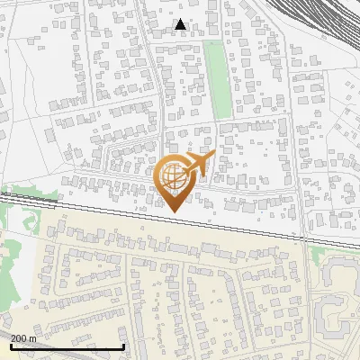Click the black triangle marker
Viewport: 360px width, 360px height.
coord(181,24)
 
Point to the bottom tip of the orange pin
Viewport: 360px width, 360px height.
coord(172,211)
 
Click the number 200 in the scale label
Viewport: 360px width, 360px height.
coord(19,338)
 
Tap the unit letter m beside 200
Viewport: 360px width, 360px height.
coord(33,338)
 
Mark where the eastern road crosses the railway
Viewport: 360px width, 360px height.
coord(302,236)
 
